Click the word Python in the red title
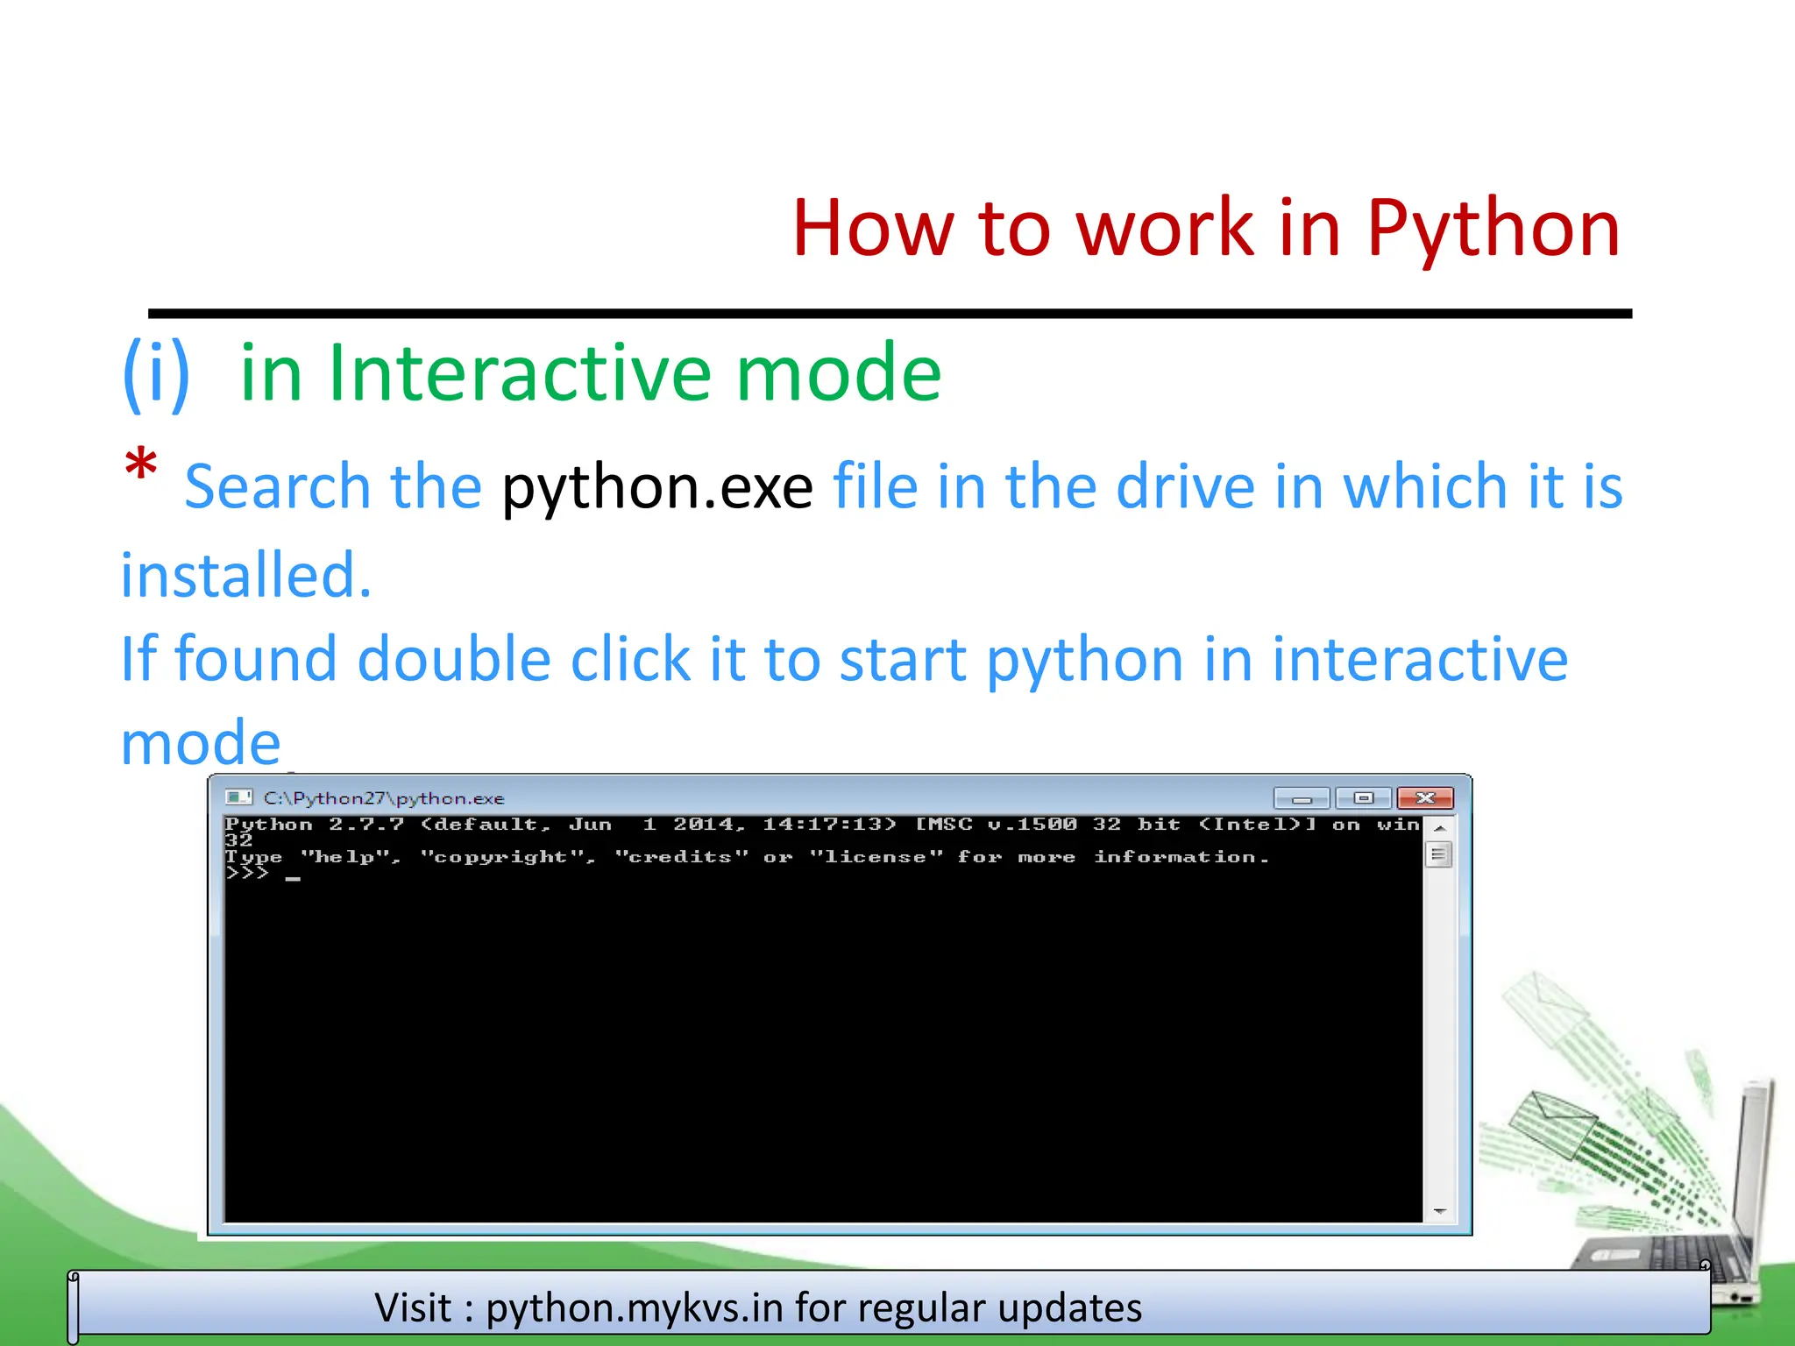pyautogui.click(x=1493, y=230)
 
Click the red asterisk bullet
pyautogui.click(x=141, y=465)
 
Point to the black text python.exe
pyautogui.click(x=656, y=487)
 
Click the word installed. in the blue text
pyautogui.click(x=246, y=576)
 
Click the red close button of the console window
pyautogui.click(x=1425, y=798)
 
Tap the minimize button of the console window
pyautogui.click(x=1302, y=798)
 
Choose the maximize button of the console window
pyautogui.click(x=1363, y=798)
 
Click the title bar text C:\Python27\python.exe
pyautogui.click(x=384, y=798)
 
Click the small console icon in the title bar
pyautogui.click(x=238, y=797)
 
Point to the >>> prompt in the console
pyautogui.click(x=246, y=874)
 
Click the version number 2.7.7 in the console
pyautogui.click(x=366, y=825)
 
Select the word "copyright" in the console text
pyautogui.click(x=507, y=857)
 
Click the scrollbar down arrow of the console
pyautogui.click(x=1439, y=1211)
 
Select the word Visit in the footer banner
pyautogui.click(x=413, y=1308)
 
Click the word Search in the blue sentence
pyautogui.click(x=278, y=487)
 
